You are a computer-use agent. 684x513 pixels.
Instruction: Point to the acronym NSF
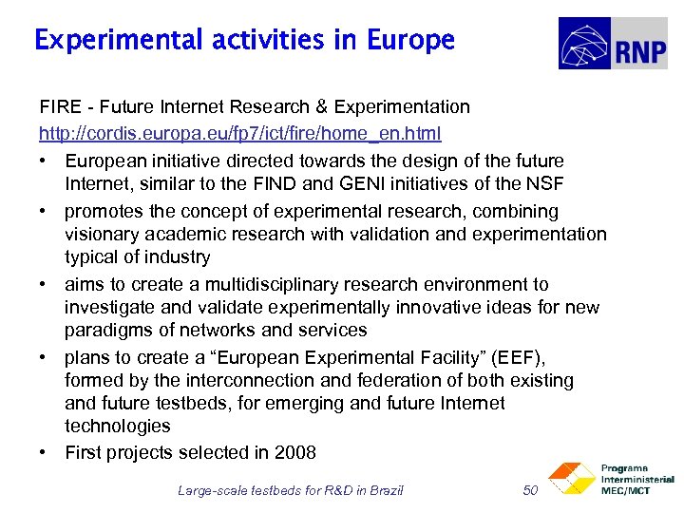545,183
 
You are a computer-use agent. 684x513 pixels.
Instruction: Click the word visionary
104,234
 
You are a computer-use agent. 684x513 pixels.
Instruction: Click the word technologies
117,426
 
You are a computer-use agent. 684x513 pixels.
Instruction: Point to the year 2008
295,452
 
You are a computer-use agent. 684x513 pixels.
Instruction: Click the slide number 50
531,490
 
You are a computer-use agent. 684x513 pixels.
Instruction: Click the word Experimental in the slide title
117,41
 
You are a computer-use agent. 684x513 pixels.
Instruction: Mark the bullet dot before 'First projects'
44,452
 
